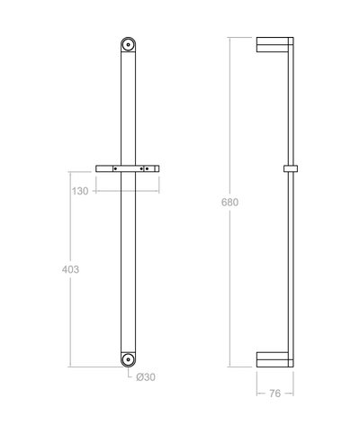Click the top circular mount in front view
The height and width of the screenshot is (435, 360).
129,44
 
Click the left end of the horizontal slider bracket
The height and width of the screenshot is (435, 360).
98,168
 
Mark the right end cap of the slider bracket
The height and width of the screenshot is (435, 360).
157,168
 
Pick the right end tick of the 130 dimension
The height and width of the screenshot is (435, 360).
158,191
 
